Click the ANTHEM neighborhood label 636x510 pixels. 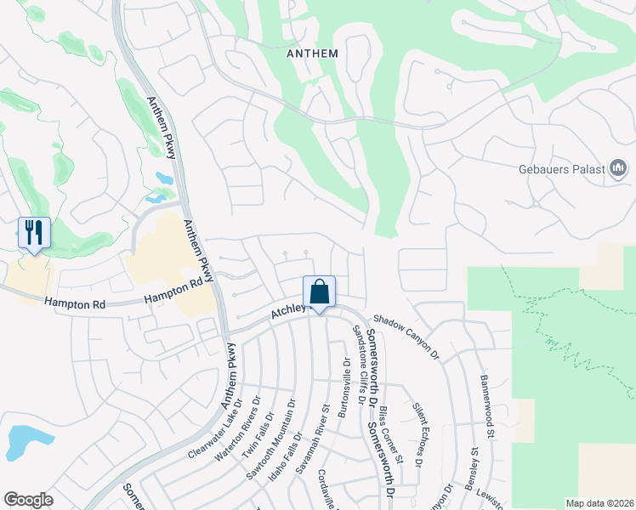[x=313, y=54]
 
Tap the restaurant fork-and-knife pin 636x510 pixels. [x=34, y=233]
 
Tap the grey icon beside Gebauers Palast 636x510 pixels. [x=618, y=168]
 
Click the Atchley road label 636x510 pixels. [x=287, y=313]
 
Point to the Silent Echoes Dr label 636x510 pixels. [x=417, y=436]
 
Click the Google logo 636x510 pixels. [x=28, y=499]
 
